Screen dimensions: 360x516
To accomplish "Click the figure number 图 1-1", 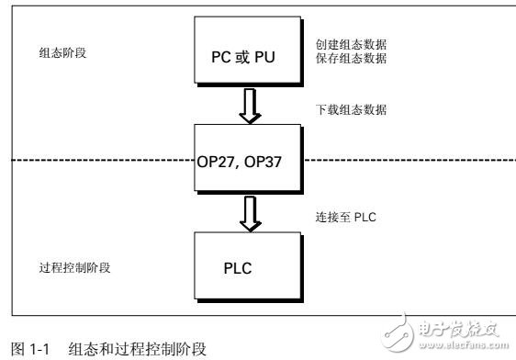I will click(x=22, y=350).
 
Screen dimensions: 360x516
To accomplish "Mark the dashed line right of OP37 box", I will click(x=404, y=162).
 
